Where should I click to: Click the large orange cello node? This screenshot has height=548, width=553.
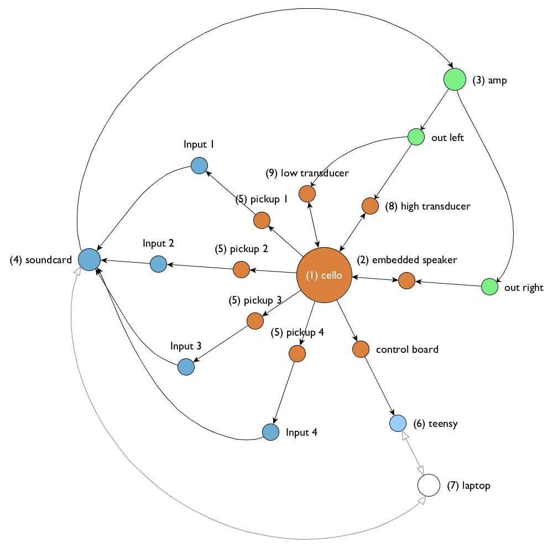pos(325,275)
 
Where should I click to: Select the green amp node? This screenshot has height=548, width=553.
pos(455,80)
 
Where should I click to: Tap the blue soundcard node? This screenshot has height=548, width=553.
pos(89,259)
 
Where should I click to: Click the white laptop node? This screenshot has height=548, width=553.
pos(428,486)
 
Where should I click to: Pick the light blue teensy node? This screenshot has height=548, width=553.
pos(398,424)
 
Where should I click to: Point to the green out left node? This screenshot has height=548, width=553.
pos(416,137)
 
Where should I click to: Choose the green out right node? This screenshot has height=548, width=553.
pos(489,287)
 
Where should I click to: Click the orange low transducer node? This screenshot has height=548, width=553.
pos(307,194)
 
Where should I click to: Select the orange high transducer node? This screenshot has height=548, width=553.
pos(370,206)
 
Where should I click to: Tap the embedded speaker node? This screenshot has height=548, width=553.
pos(406,280)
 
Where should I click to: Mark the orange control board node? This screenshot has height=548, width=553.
pos(361,349)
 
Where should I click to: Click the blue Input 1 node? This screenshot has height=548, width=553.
pos(199,165)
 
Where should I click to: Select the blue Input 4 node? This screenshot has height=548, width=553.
pos(270,432)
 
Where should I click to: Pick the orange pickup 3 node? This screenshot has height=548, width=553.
pos(255,321)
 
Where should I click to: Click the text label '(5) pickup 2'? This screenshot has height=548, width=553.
pos(242,249)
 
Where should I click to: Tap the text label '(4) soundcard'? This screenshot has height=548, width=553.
pos(41,260)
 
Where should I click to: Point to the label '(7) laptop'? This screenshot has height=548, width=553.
pos(468,486)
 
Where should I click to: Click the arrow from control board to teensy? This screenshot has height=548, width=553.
pos(379,387)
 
